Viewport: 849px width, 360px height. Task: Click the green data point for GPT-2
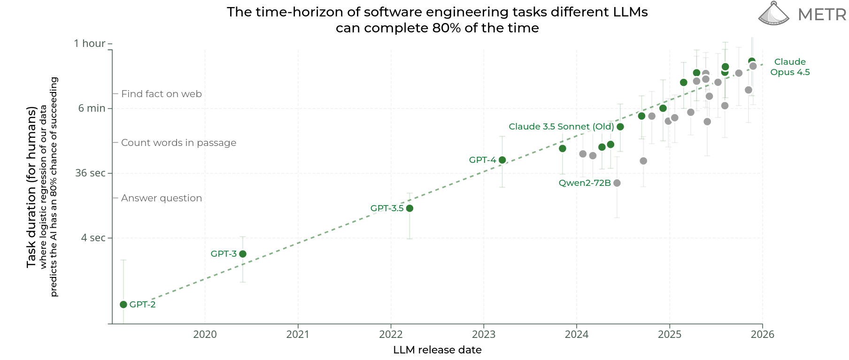click(123, 305)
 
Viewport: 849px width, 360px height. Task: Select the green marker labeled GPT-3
click(243, 254)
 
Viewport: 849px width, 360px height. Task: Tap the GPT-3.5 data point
click(409, 208)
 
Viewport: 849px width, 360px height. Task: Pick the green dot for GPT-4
click(502, 160)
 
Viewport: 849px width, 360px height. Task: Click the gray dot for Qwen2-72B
click(617, 183)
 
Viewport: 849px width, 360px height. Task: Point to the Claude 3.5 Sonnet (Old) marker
click(620, 127)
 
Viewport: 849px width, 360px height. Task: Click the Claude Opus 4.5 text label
click(790, 67)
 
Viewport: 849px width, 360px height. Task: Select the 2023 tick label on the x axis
click(484, 335)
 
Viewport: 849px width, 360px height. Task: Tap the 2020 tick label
click(205, 335)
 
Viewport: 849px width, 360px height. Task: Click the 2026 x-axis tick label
click(763, 335)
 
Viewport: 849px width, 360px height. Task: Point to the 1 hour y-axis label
click(90, 44)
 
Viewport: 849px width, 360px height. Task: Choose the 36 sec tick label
click(91, 173)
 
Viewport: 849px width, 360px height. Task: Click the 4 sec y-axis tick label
click(93, 238)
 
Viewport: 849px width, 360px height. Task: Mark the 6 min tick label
click(92, 108)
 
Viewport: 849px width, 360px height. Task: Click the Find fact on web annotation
click(162, 94)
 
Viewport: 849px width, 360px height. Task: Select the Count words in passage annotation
click(178, 143)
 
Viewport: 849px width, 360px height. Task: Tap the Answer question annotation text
click(162, 198)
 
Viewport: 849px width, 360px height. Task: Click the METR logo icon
click(773, 14)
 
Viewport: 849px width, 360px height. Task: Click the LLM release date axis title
click(437, 350)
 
